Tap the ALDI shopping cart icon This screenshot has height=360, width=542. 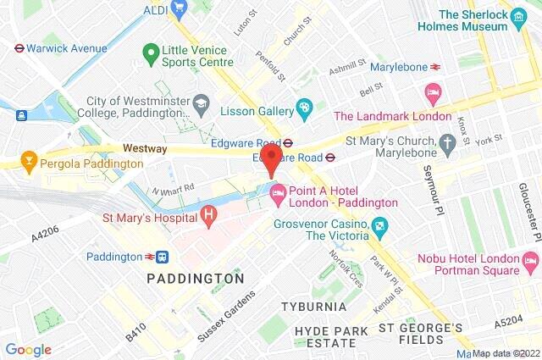(x=179, y=8)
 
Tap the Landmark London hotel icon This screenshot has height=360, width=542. (x=433, y=91)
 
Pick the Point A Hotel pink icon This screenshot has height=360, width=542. (x=277, y=196)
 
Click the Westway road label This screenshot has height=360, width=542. (x=146, y=148)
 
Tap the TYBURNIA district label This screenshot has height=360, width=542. (x=316, y=306)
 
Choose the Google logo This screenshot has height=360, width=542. (x=28, y=349)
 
